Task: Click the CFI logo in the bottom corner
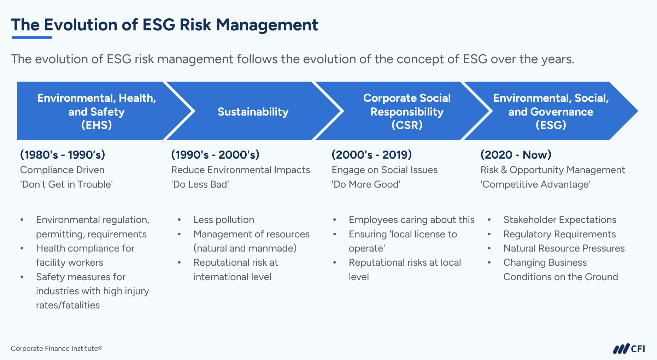coord(629,349)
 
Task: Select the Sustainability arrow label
coord(253,112)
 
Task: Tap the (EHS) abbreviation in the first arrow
coord(96,125)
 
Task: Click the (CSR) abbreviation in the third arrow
coord(407,125)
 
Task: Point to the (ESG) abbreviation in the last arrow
coord(551,125)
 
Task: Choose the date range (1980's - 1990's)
coord(63,154)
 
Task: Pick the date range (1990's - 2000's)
coord(215,154)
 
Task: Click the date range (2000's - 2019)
coord(372,154)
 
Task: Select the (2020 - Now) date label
coord(516,154)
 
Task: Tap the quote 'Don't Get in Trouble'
coord(66,184)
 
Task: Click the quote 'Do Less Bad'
coord(200,184)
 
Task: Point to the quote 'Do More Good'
coord(366,184)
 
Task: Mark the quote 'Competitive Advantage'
coord(535,184)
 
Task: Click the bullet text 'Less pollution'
coord(224,220)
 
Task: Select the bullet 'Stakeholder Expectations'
coord(560,220)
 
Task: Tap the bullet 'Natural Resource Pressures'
coord(564,248)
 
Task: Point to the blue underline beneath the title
coord(32,37)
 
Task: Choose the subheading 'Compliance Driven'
coord(62,170)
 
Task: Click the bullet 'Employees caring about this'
coord(411,220)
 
